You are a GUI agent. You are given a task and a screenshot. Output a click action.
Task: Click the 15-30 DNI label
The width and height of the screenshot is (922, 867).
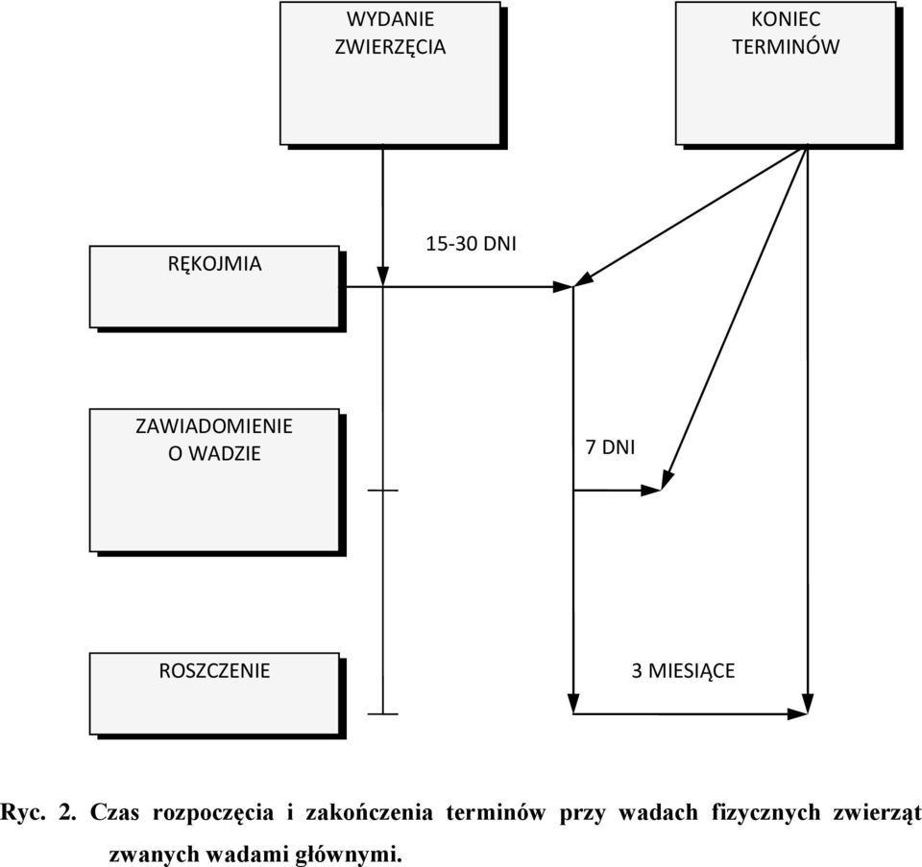pos(471,243)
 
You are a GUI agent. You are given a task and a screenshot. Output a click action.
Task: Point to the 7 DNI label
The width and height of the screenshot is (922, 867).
pos(611,447)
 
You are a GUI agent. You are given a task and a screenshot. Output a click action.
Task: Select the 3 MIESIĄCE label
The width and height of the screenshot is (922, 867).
pos(683,671)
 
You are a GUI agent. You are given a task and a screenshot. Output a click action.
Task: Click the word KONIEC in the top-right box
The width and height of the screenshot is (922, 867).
pos(786,19)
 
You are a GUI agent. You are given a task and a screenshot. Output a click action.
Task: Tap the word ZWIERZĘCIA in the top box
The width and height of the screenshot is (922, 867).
pos(391,46)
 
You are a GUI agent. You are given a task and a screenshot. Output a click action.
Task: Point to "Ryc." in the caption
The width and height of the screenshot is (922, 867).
pos(22,813)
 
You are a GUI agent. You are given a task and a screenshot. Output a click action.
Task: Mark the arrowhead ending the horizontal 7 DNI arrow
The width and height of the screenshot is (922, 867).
pos(651,490)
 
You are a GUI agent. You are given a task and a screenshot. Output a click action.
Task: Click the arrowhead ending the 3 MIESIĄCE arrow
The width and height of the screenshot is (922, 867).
pos(797,713)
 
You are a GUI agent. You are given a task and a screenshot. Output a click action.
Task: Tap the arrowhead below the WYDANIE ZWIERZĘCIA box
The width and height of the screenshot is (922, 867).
pos(383,277)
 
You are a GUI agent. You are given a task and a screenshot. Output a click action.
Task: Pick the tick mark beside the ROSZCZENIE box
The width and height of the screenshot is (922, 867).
pos(383,714)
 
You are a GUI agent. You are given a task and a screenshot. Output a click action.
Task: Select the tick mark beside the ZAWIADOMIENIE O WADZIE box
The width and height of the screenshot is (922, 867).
pos(383,490)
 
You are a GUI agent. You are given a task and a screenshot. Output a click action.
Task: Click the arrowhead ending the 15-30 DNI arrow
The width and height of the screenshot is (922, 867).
pos(563,287)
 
